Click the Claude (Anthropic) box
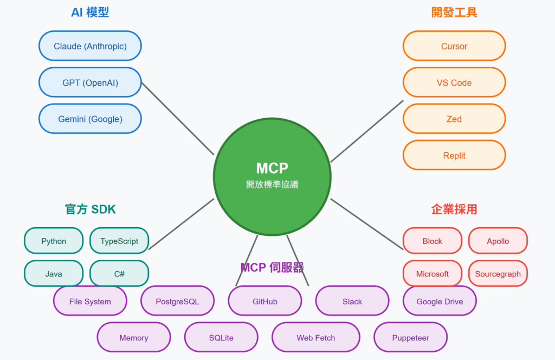(90, 46)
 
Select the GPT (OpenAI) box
(90, 82)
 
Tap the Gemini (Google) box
(90, 119)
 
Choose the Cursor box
(454, 46)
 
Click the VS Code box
(454, 82)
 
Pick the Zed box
(454, 119)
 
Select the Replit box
(454, 156)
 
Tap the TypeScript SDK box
(119, 241)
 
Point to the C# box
(119, 274)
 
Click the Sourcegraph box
(498, 274)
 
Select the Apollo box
(498, 241)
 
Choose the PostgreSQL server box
(177, 301)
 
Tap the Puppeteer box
(410, 338)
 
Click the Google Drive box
(440, 301)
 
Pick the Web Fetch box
(315, 338)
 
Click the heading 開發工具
(454, 12)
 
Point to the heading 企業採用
(454, 209)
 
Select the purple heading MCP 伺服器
(272, 267)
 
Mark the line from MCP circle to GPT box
(178, 119)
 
